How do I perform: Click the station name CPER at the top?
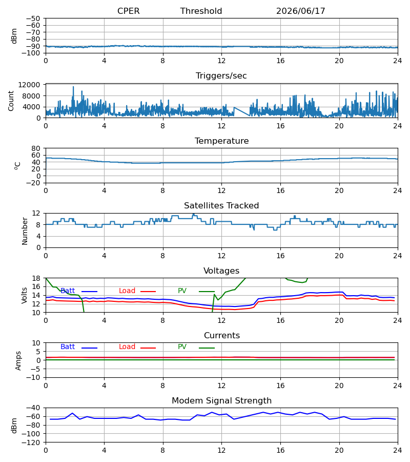click(128, 11)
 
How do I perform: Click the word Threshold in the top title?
click(201, 11)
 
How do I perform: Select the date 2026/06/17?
click(301, 11)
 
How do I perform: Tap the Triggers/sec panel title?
click(221, 76)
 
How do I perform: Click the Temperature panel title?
click(221, 141)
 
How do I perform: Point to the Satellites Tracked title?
click(221, 206)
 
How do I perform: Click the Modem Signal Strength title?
click(221, 401)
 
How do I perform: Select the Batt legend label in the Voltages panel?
click(68, 291)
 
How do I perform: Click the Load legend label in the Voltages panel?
click(127, 291)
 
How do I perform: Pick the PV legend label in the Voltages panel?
click(182, 291)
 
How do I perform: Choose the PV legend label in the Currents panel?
click(182, 347)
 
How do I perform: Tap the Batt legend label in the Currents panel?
click(68, 347)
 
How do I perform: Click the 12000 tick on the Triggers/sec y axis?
click(29, 85)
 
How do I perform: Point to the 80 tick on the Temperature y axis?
click(36, 148)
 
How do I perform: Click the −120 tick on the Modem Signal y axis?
click(31, 442)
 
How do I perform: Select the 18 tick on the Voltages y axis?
click(36, 278)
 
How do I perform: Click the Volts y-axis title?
click(24, 295)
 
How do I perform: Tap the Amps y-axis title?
click(18, 360)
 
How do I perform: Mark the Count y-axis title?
click(11, 101)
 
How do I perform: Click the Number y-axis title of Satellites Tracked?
click(25, 231)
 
